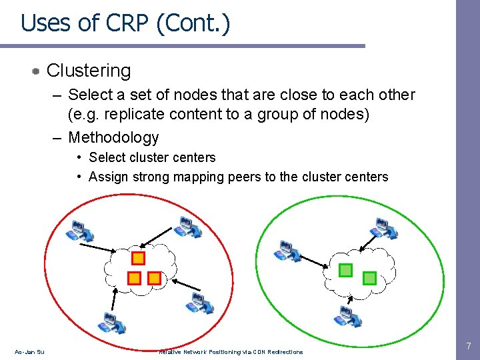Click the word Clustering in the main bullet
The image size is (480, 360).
(x=89, y=70)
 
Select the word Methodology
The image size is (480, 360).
(x=113, y=137)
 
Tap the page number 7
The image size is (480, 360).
(x=468, y=347)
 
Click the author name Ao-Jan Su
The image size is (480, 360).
(x=29, y=352)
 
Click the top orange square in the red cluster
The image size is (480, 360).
(x=138, y=257)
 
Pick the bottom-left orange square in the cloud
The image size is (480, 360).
(x=133, y=277)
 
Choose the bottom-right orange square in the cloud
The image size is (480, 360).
(x=154, y=277)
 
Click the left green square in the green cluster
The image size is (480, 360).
(x=345, y=270)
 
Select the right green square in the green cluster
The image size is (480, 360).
(x=369, y=277)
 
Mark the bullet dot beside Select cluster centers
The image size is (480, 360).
(x=79, y=157)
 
